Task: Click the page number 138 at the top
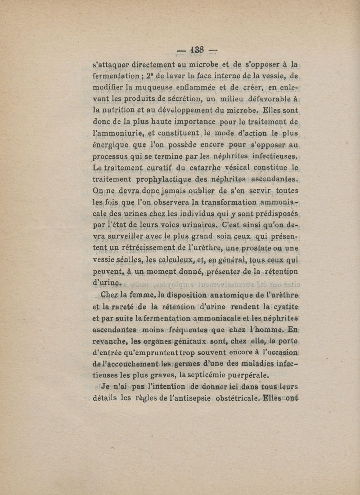(x=197, y=50)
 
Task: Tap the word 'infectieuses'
(x=273, y=157)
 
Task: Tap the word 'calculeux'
(x=165, y=262)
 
